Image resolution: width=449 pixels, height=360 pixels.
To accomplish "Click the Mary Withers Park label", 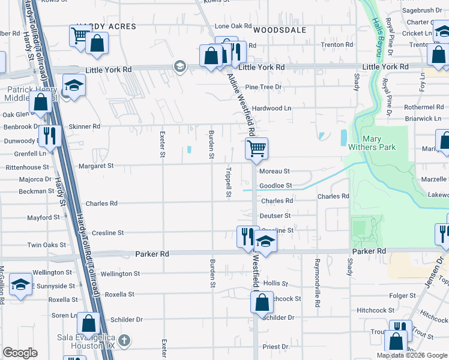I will tap(380, 143).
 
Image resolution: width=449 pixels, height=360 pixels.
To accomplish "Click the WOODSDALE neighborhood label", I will tap(280, 30).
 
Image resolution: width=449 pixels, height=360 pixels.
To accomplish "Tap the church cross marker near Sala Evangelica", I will tap(124, 340).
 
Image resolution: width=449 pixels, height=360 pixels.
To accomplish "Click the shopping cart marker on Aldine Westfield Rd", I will tap(256, 148).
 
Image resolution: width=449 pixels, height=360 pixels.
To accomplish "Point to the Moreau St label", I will tap(275, 172).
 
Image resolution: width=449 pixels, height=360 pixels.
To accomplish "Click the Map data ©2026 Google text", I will tap(412, 355).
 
